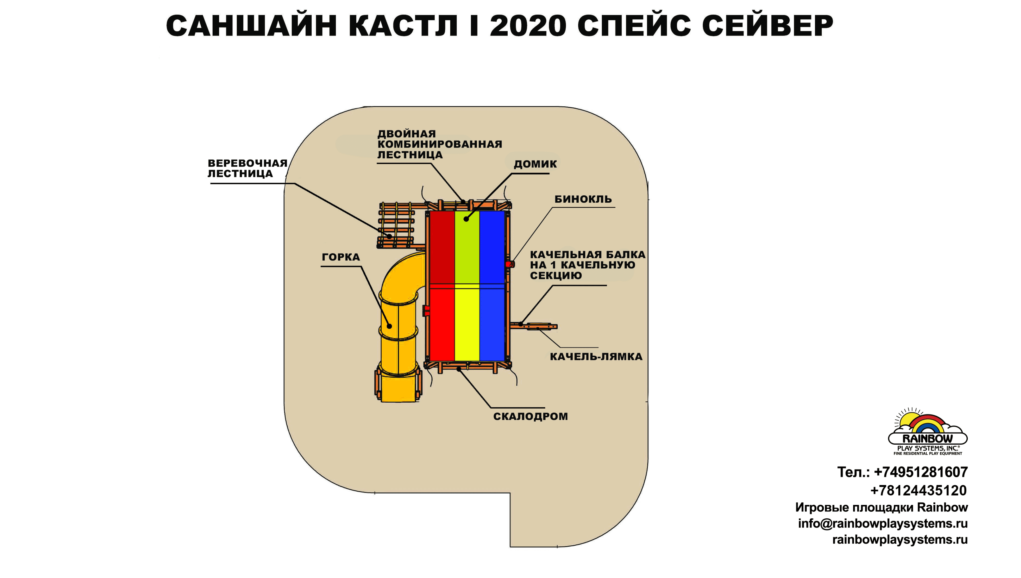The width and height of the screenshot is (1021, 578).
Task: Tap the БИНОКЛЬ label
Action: point(583,199)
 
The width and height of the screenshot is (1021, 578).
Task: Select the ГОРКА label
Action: point(340,257)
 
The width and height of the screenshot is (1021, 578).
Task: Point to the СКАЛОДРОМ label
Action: point(530,417)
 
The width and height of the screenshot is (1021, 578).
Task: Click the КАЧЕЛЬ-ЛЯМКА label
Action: point(596,357)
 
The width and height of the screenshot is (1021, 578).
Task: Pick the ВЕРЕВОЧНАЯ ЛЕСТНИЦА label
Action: point(247,168)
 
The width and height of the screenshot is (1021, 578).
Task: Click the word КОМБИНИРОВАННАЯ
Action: point(439,144)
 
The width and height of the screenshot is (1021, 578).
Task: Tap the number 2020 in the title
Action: point(528,26)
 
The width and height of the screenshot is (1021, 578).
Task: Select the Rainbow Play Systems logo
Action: point(927,432)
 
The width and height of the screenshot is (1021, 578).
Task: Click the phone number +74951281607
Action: point(921,472)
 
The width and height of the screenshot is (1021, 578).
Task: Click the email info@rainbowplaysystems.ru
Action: point(882,524)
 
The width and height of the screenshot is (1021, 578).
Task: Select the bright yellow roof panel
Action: point(467,325)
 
